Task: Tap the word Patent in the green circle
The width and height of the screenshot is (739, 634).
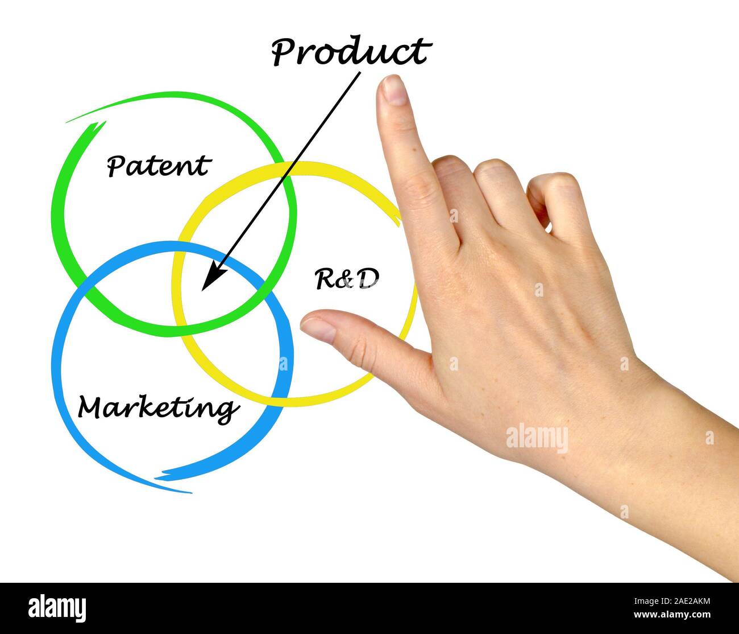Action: pos(159,166)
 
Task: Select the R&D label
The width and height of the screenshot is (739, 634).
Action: pos(347,279)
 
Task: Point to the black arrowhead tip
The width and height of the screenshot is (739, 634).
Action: pos(202,290)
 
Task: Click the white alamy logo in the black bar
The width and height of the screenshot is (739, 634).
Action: pos(57,606)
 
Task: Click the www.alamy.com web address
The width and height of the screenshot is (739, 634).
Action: pos(672,615)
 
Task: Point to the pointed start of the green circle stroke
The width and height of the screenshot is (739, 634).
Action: pos(68,122)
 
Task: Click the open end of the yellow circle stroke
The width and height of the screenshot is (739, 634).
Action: pos(400,222)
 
